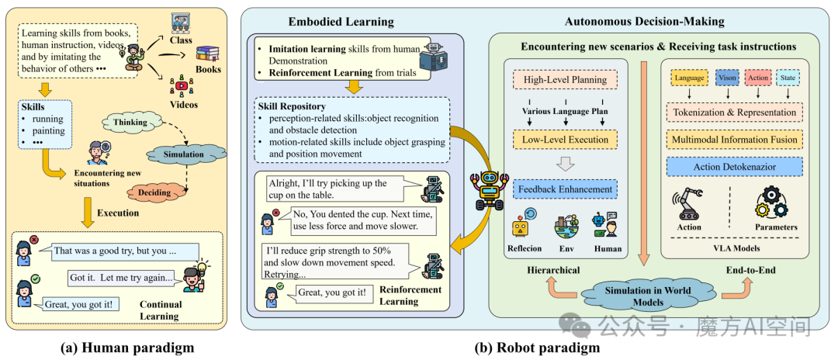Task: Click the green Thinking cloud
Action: point(130,123)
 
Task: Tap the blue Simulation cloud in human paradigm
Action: point(183,154)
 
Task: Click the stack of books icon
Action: point(209,54)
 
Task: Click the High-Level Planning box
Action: point(565,80)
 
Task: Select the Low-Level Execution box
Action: point(565,140)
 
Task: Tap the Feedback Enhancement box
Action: point(565,189)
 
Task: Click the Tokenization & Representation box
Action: point(734,112)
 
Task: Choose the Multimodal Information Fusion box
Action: point(734,140)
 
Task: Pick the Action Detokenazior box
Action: point(734,167)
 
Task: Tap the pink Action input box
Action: point(758,78)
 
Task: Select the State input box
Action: point(788,78)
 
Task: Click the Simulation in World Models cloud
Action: point(647,296)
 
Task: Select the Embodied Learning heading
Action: point(341,22)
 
